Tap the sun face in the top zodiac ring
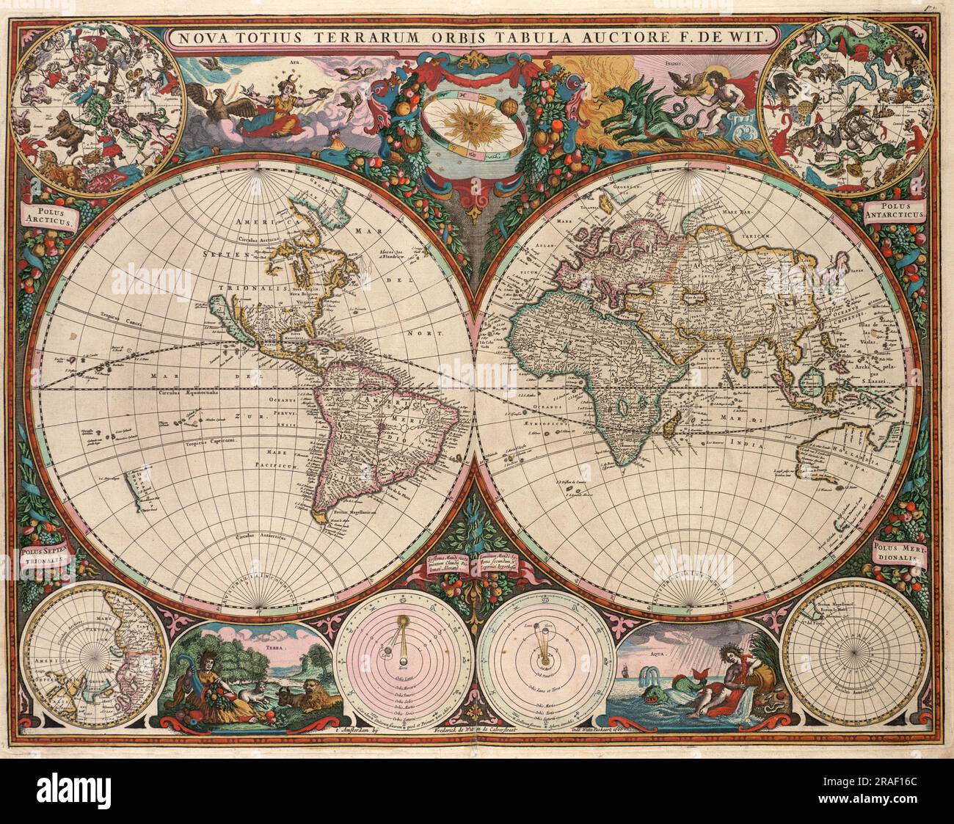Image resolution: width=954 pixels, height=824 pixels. pos(478,125)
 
